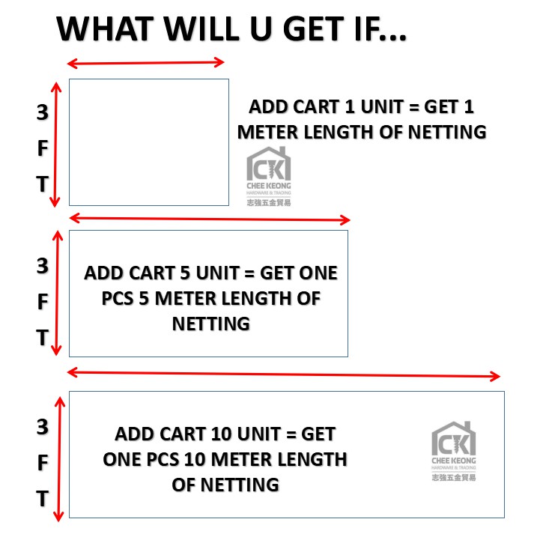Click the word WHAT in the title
(105, 29)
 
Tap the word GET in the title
(313, 29)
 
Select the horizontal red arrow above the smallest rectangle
(145, 63)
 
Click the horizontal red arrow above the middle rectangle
(210, 219)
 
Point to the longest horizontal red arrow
(283, 374)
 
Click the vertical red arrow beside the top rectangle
(55, 145)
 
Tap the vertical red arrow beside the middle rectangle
(57, 293)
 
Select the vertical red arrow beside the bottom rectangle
(59, 459)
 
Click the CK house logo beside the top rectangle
(269, 177)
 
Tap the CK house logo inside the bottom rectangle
(453, 452)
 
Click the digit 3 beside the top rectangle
(43, 112)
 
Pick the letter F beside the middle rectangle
(43, 302)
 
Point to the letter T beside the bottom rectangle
(43, 499)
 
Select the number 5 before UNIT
(185, 273)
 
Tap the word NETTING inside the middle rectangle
(210, 324)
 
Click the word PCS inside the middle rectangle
(118, 299)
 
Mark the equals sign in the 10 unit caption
(291, 434)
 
